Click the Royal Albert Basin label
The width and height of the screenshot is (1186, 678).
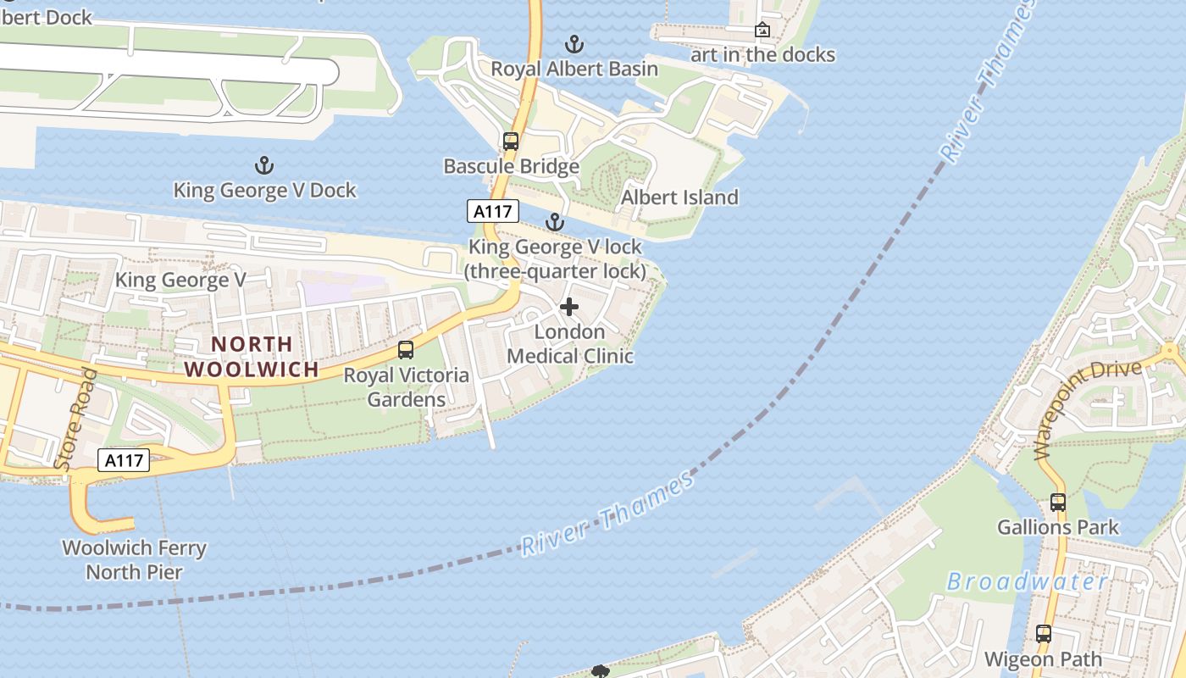click(574, 69)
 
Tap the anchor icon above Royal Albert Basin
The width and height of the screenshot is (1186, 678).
click(574, 43)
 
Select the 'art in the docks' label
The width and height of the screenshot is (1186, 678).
click(762, 55)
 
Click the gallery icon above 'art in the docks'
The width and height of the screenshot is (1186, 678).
click(762, 31)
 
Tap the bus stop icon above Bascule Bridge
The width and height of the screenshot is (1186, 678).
click(510, 142)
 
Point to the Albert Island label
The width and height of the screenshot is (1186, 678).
click(679, 197)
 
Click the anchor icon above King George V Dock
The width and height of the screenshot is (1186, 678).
click(264, 164)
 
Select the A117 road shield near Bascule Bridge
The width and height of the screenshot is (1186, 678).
click(492, 211)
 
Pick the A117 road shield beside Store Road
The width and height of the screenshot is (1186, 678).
click(125, 460)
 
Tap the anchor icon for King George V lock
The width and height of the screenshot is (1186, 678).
click(554, 222)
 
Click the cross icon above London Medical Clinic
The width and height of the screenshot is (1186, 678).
click(569, 307)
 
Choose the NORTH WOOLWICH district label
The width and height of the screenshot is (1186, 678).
click(252, 357)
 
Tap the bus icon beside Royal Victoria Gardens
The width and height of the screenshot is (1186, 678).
click(406, 349)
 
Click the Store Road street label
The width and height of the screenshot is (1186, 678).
click(75, 420)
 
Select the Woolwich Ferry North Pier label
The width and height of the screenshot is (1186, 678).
click(135, 559)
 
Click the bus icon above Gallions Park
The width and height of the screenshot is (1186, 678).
click(1058, 502)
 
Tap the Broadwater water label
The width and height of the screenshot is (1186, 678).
click(1027, 581)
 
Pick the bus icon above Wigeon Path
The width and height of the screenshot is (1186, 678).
click(1044, 633)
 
